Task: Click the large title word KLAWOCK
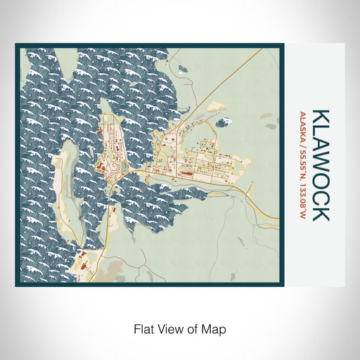click(x=320, y=165)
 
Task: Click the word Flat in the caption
click(x=143, y=328)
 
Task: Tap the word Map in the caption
click(x=216, y=328)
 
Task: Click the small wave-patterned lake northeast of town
click(x=223, y=122)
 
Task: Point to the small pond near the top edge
click(x=183, y=70)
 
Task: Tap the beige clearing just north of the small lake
click(x=218, y=108)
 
